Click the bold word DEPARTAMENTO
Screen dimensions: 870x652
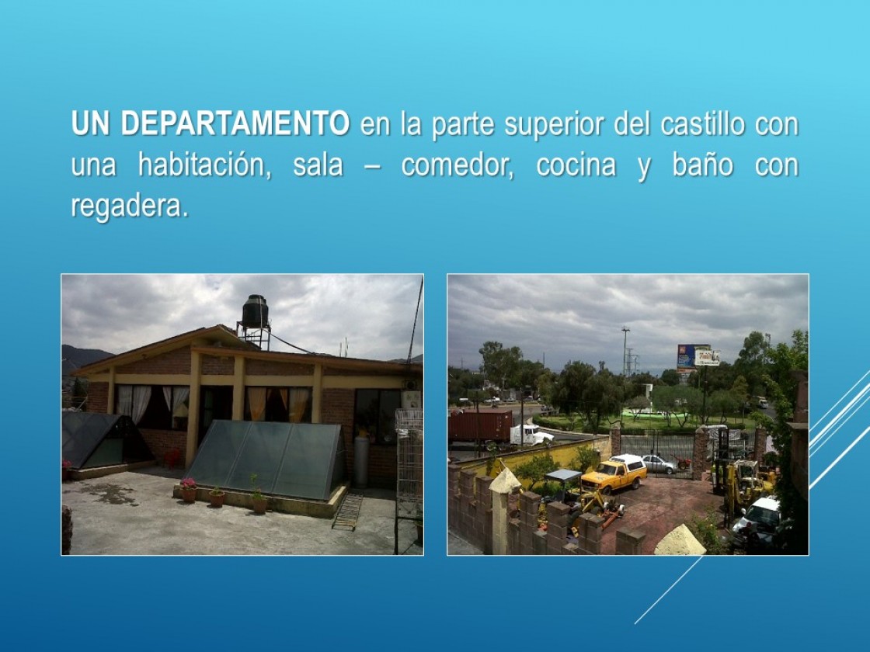pyautogui.click(x=235, y=123)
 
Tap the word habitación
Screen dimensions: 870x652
pyautogui.click(x=204, y=165)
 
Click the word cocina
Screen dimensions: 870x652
pyautogui.click(x=576, y=165)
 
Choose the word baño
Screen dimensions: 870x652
pyautogui.click(x=702, y=165)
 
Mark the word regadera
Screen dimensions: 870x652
pyautogui.click(x=130, y=206)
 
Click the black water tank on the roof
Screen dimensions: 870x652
pyautogui.click(x=255, y=311)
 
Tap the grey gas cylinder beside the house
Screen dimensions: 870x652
pyautogui.click(x=361, y=461)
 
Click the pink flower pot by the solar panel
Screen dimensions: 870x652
pyautogui.click(x=189, y=490)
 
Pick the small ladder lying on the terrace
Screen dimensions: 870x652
pyautogui.click(x=347, y=512)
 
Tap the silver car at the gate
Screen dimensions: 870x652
pyautogui.click(x=658, y=464)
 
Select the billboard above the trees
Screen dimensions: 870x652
pyautogui.click(x=698, y=356)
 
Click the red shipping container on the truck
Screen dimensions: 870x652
pyautogui.click(x=480, y=426)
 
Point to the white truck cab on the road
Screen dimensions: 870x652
pyautogui.click(x=531, y=435)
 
